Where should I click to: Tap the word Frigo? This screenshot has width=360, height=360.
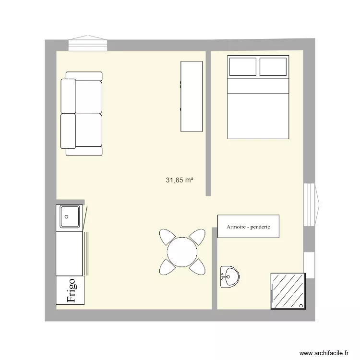71,291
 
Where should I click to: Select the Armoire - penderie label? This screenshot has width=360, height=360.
248,227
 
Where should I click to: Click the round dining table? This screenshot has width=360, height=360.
182,252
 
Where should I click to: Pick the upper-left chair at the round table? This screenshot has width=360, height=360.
167,237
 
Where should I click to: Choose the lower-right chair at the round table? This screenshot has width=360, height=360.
197,267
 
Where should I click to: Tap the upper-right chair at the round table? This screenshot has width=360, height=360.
198,237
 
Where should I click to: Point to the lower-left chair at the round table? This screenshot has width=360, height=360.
167,267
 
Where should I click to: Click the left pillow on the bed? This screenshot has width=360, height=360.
243,66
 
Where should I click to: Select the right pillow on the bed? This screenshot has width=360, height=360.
273,66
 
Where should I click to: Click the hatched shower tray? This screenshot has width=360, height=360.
288,291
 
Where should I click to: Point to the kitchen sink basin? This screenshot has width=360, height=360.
70,216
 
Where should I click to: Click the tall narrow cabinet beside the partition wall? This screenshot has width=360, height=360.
192,96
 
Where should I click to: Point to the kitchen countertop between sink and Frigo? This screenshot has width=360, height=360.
70,253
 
